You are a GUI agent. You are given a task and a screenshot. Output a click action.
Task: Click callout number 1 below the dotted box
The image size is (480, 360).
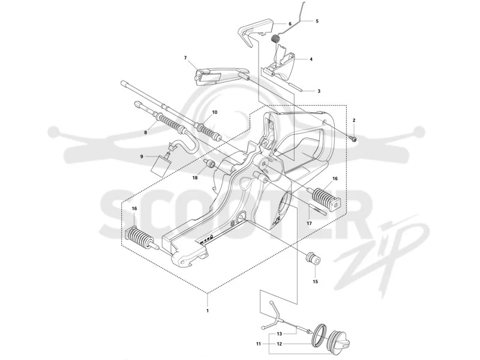tap(208, 311)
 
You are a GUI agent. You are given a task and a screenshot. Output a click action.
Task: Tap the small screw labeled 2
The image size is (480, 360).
tap(354, 139)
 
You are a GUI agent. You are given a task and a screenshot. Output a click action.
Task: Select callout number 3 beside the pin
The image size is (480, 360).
tap(319, 91)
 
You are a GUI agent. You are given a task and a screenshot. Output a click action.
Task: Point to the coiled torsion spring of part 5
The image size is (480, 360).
tap(277, 39)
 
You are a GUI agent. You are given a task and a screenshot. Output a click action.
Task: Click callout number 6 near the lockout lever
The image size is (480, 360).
tap(290, 23)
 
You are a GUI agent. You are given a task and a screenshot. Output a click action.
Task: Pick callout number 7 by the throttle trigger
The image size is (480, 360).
tap(185, 58)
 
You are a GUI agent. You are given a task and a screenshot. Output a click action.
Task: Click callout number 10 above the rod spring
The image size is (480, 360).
tap(215, 112)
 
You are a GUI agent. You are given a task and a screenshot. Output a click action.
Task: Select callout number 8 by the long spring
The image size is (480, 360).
tap(146, 133)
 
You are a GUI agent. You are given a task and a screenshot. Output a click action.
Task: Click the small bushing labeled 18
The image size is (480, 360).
tap(209, 165)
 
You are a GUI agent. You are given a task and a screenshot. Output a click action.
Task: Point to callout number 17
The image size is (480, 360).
tap(309, 223)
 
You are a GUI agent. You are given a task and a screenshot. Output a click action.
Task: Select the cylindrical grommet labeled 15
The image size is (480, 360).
tap(313, 259)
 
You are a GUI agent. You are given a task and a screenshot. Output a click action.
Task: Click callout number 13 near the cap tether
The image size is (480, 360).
tap(280, 334)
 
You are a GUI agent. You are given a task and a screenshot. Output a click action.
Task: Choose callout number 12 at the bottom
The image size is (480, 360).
tap(279, 344)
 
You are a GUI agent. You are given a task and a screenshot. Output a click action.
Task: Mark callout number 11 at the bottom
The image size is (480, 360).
tap(259, 344)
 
